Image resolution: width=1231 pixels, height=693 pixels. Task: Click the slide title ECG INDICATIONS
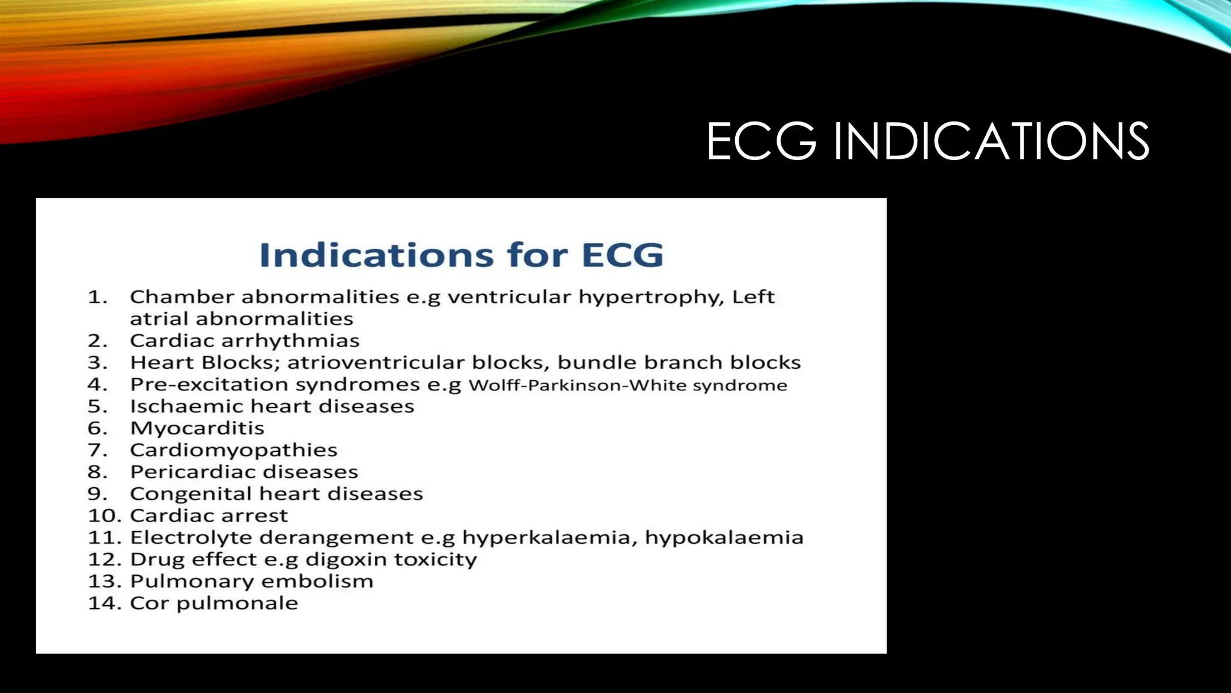tap(927, 142)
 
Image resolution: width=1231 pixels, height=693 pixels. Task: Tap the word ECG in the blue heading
tap(622, 255)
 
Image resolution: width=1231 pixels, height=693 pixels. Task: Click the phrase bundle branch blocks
tap(679, 363)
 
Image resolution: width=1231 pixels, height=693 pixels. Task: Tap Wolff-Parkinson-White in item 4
tap(578, 385)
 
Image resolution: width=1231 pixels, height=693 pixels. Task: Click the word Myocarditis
tap(197, 428)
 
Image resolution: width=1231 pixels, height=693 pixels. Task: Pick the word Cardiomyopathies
tap(233, 451)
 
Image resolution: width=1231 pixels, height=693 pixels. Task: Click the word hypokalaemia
tap(724, 538)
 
